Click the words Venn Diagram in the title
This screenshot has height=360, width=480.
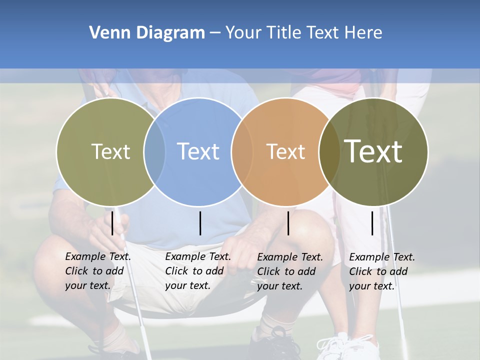coord(147,33)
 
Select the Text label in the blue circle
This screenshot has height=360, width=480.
coord(198,151)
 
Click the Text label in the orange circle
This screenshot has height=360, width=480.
coord(285,151)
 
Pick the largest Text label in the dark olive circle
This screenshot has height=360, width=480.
coord(373,151)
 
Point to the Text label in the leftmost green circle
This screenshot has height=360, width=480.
coord(110,151)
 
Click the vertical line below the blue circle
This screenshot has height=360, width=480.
coord(200,223)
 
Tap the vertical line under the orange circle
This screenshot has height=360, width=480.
coord(288,223)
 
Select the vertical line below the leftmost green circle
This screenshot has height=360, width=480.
coord(112,223)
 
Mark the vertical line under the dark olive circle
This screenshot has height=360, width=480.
coord(372,223)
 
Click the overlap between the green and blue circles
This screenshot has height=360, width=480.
coord(154,151)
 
